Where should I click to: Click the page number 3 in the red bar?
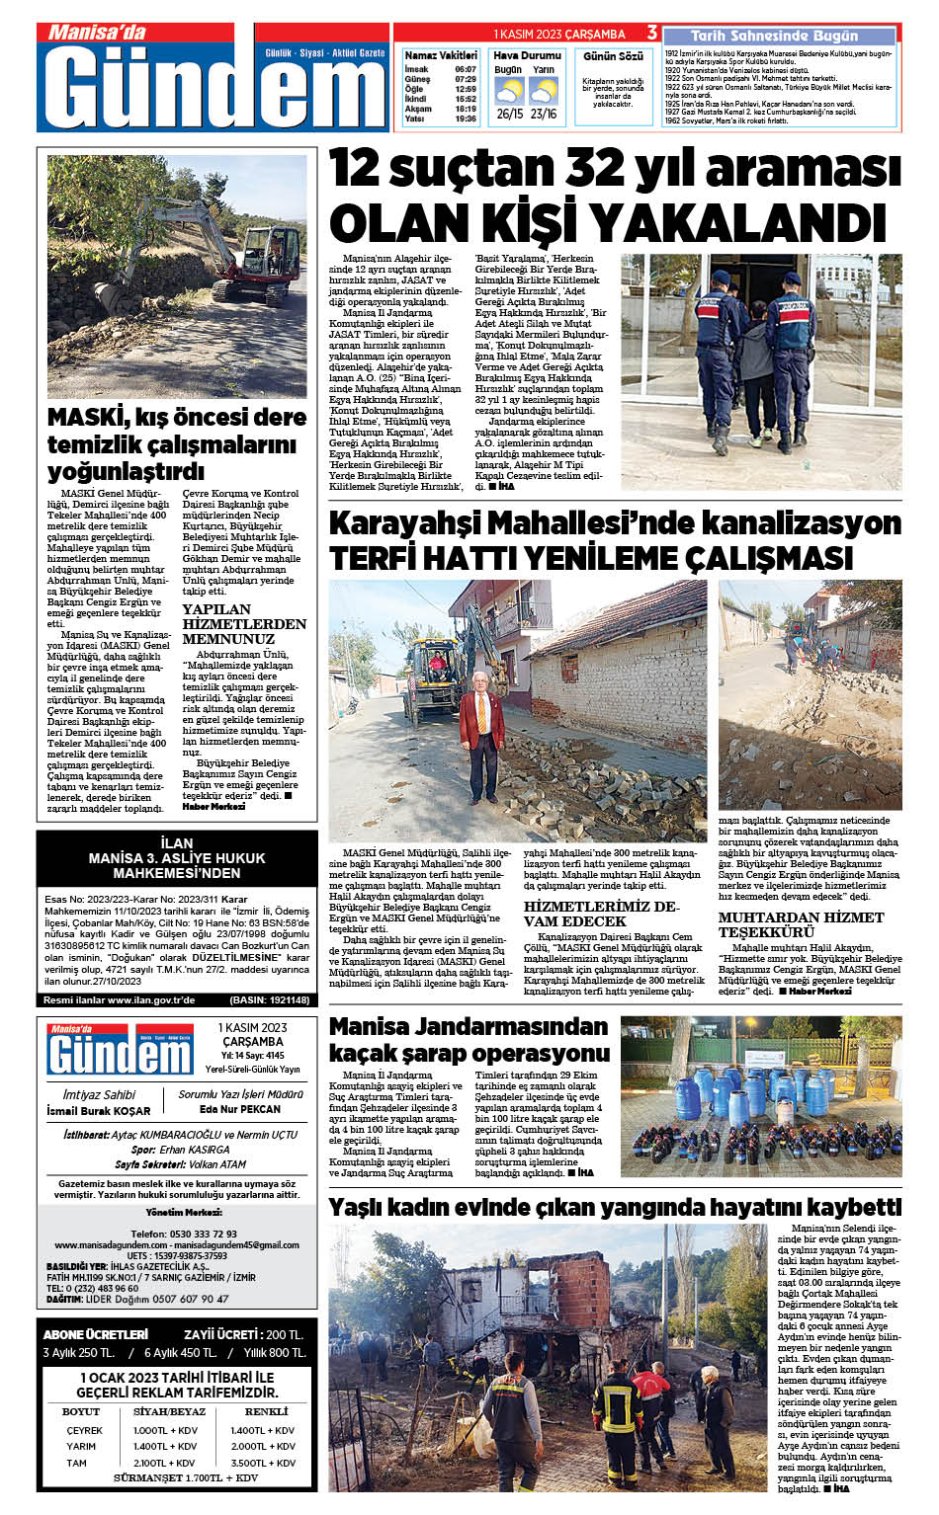click(x=651, y=33)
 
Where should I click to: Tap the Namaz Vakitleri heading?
click(x=440, y=55)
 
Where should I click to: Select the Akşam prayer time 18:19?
click(x=466, y=109)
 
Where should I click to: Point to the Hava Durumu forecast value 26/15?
click(x=510, y=114)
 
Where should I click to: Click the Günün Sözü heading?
click(x=613, y=56)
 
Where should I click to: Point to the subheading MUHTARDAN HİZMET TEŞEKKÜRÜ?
click(x=801, y=924)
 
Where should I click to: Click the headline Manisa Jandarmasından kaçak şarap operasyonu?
click(x=469, y=1040)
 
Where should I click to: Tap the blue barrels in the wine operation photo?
click(x=751, y=1091)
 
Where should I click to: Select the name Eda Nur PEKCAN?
click(x=240, y=1109)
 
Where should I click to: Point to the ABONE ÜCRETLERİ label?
click(x=96, y=1334)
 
